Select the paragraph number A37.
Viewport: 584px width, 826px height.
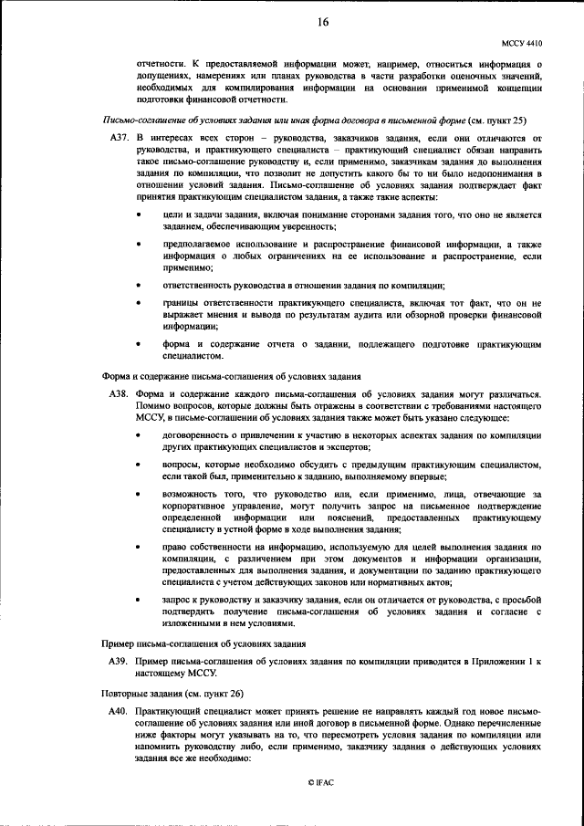point(118,138)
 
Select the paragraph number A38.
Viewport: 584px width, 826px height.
point(118,393)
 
